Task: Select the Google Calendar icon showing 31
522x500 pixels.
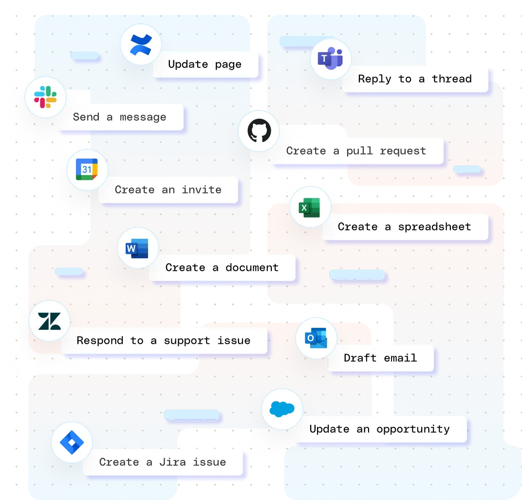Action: click(87, 169)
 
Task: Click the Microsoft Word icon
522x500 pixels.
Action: click(138, 248)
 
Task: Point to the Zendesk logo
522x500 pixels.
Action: click(50, 321)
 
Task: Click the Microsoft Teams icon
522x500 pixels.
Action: click(331, 59)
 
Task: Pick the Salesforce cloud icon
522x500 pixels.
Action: click(282, 409)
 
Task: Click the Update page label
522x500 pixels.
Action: click(205, 64)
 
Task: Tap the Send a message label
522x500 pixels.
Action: click(120, 117)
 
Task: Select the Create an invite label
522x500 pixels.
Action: click(168, 190)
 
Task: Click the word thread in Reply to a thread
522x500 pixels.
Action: click(452, 79)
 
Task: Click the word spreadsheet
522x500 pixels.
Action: click(434, 227)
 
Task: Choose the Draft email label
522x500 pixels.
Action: click(380, 358)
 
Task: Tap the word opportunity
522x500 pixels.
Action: click(413, 429)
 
